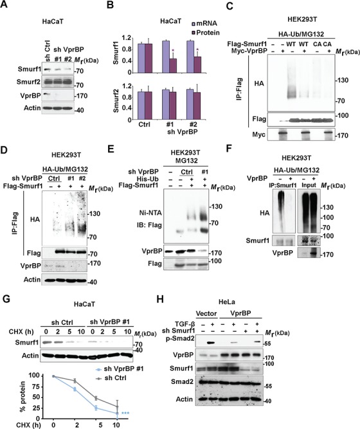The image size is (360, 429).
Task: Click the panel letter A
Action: (6, 6)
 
